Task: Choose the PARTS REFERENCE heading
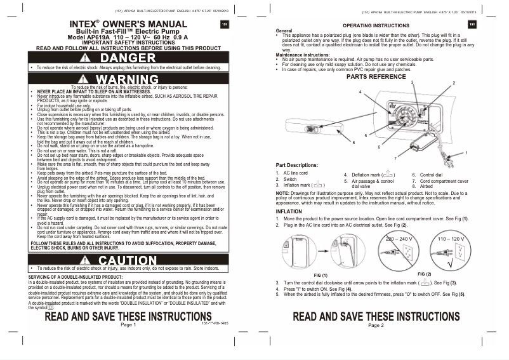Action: click(x=376, y=76)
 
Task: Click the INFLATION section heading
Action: click(x=289, y=211)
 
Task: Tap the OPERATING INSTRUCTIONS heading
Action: click(x=376, y=25)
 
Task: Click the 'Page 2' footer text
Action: click(x=376, y=324)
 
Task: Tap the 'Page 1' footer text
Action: click(x=128, y=324)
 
